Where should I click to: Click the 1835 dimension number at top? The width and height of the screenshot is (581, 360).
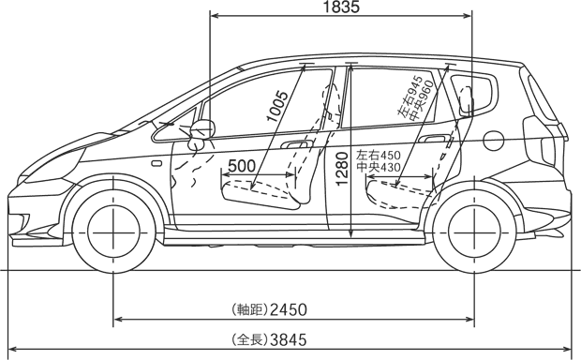coord(341,7)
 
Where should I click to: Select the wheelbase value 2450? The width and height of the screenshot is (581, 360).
coord(289,309)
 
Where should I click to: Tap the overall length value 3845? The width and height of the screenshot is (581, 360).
coord(289,339)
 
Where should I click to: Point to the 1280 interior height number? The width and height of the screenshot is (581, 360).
coord(342,169)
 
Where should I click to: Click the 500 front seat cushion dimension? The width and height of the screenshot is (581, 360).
coord(242,166)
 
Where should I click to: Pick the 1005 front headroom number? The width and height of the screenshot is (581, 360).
coord(277,106)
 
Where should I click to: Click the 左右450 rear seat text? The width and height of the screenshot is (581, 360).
coord(379,155)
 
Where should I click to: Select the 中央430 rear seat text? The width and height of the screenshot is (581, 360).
coord(379,168)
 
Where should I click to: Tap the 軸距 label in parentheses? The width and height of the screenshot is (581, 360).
coord(249,309)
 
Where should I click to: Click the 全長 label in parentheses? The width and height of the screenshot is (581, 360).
coord(249,339)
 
